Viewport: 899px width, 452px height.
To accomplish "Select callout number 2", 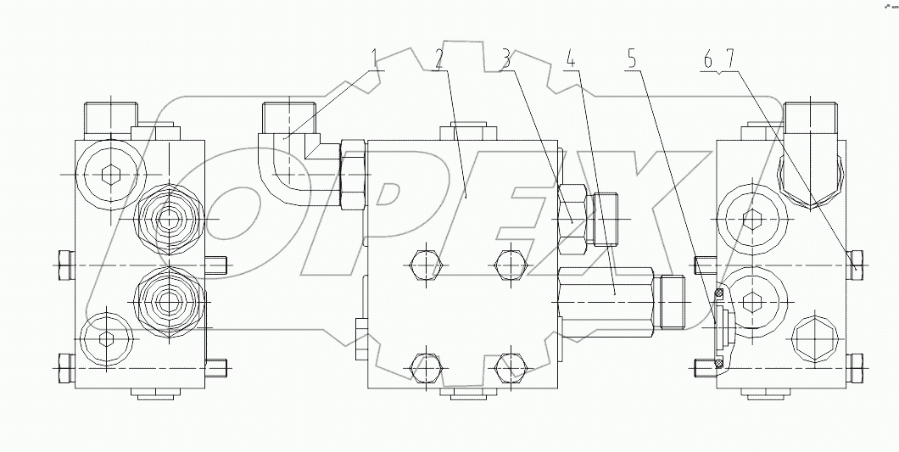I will pyautogui.click(x=438, y=59).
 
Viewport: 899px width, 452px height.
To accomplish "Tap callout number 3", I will pyautogui.click(x=506, y=59).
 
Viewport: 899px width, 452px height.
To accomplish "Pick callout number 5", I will pyautogui.click(x=630, y=59).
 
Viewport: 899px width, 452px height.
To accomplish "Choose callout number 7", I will pyautogui.click(x=732, y=59).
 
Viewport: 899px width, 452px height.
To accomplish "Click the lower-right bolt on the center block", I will pyautogui.click(x=508, y=366).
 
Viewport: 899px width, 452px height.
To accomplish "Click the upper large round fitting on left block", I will pyautogui.click(x=170, y=219).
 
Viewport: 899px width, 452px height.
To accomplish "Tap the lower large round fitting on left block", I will pyautogui.click(x=170, y=299).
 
